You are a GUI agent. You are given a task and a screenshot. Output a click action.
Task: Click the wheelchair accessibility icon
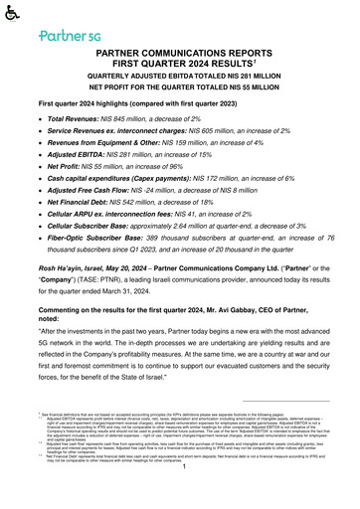tap(11, 14)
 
